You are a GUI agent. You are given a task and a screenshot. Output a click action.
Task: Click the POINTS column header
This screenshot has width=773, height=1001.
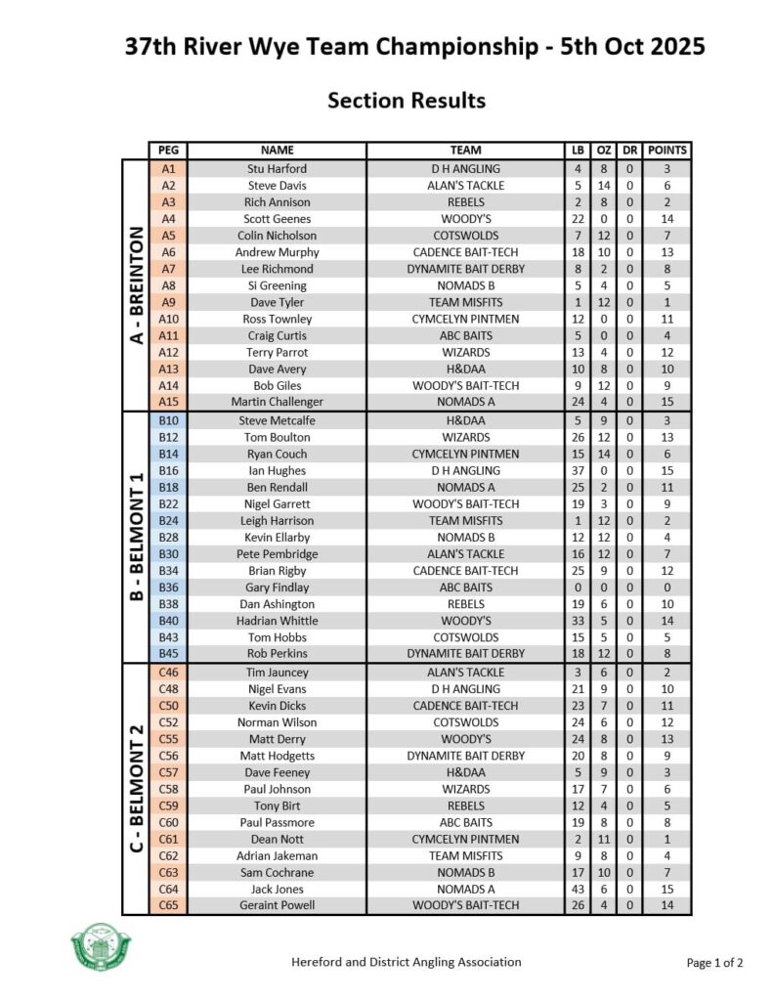tap(667, 151)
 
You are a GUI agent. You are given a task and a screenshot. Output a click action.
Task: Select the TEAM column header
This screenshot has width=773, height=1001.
tap(465, 151)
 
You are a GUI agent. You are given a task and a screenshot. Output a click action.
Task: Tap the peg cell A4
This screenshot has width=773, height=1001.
tap(168, 219)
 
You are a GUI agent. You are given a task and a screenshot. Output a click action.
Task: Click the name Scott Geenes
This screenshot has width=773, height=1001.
tap(277, 219)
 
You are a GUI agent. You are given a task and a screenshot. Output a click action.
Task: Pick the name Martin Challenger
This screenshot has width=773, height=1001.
tap(277, 402)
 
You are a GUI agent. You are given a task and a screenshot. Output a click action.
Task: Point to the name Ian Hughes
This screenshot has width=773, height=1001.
tap(277, 470)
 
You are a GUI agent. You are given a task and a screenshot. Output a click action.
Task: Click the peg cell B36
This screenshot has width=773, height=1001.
tap(168, 588)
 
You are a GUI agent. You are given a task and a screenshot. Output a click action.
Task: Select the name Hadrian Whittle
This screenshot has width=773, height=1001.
tap(277, 621)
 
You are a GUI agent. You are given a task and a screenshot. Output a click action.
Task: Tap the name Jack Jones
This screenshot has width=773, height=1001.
tap(277, 889)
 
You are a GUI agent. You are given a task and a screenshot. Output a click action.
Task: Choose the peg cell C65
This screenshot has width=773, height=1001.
tap(168, 905)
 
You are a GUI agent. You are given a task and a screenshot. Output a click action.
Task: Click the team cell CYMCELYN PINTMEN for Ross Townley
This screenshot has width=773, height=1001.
tap(465, 320)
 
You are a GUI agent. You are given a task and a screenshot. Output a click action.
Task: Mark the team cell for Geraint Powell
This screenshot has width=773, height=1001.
tap(465, 905)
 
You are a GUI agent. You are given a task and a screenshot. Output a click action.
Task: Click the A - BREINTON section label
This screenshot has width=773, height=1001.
tap(136, 285)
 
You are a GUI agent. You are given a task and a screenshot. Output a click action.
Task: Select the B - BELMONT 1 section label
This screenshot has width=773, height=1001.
tap(136, 537)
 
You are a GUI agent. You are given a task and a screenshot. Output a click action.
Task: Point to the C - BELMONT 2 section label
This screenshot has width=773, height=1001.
tap(136, 788)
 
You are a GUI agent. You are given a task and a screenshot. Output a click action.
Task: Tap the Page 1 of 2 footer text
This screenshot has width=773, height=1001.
tap(714, 963)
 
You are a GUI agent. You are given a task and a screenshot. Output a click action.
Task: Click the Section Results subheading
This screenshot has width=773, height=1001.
tap(407, 100)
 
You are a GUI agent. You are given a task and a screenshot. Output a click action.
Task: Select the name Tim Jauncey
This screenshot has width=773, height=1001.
tap(277, 672)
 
